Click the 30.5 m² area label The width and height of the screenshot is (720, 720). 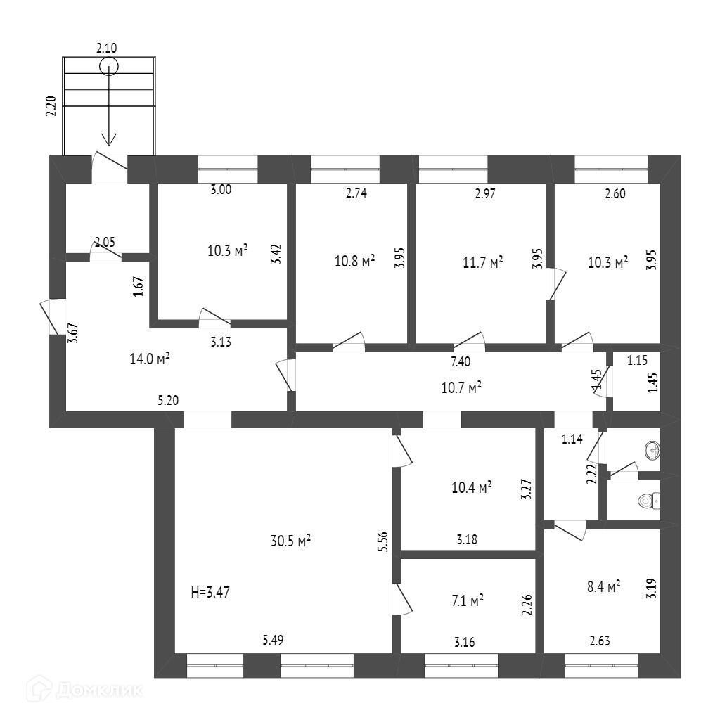coord(290,541)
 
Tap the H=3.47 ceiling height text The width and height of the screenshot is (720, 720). coord(210,592)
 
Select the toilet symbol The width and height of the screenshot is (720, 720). coord(648,501)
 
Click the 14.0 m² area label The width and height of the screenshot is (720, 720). coord(150,359)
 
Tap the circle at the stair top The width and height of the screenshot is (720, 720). coord(108,67)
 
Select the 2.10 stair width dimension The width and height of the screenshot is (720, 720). coord(106,48)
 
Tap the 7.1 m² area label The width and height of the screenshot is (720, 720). coord(468,601)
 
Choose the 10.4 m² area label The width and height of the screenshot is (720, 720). coord(471,486)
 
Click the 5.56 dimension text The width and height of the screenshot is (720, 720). coord(383,543)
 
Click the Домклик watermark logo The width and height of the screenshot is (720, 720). coord(84,690)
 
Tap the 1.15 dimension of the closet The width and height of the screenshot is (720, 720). coord(637,361)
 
